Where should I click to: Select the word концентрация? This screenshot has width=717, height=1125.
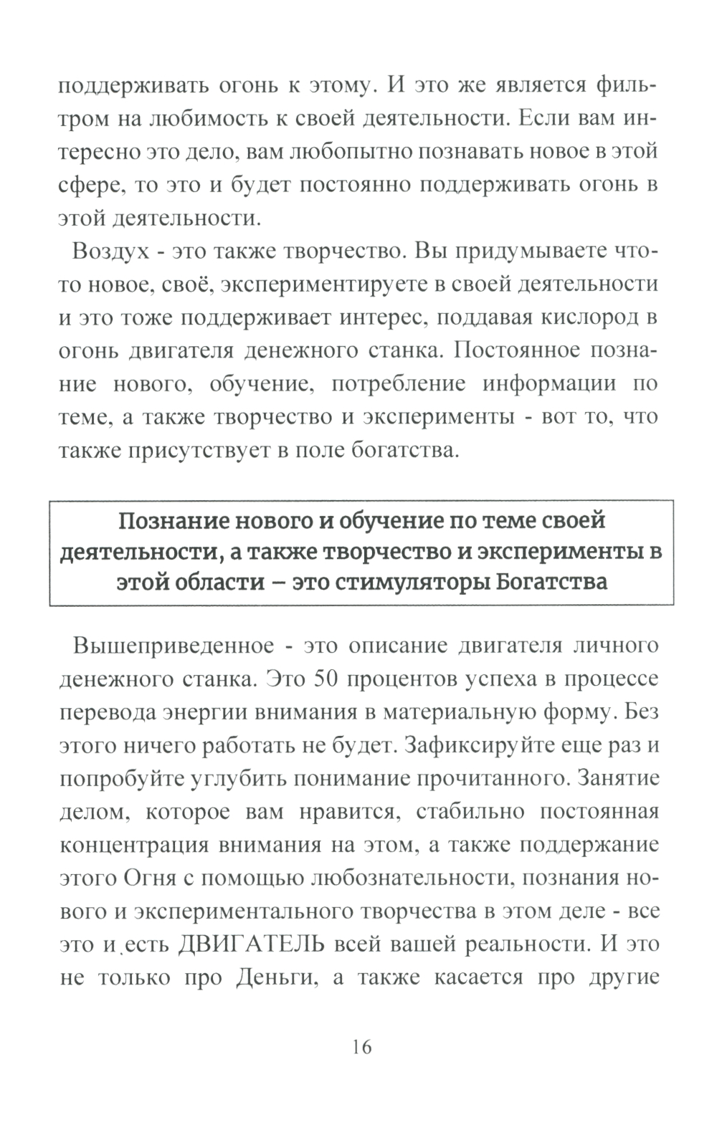pos(133,845)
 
